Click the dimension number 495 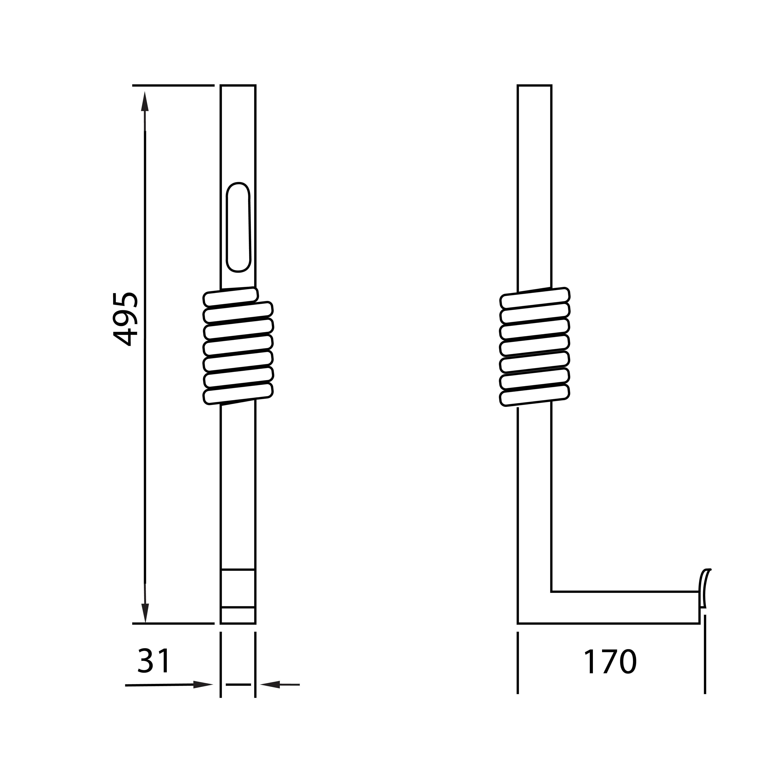pyautogui.click(x=126, y=319)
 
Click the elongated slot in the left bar pyautogui.click(x=238, y=227)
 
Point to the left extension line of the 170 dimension pyautogui.click(x=518, y=667)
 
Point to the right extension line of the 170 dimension pyautogui.click(x=705, y=667)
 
